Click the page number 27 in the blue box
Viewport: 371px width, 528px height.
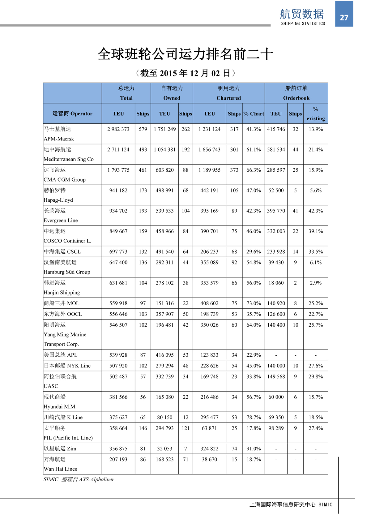coord(344,18)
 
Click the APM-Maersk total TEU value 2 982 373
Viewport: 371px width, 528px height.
coord(118,129)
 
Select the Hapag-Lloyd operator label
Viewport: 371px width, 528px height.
coord(58,200)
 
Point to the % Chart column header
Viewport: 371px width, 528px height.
coord(254,114)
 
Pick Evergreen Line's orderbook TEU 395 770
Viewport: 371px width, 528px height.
coord(276,211)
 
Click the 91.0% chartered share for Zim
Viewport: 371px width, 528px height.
coord(254,449)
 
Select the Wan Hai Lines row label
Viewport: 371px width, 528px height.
coord(60,469)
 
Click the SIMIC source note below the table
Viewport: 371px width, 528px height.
coord(79,479)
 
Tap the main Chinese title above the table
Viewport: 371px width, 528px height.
coord(185,54)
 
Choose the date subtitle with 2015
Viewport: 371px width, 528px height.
coord(185,73)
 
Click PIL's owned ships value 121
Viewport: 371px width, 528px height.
coord(185,428)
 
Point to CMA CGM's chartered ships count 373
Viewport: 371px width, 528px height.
coord(234,170)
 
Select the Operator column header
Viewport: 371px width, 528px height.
coord(72,114)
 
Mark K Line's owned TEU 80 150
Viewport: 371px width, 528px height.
coord(165,417)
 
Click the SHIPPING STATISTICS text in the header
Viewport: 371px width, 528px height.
coord(303,24)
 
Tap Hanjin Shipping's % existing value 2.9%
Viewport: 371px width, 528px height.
coord(316,283)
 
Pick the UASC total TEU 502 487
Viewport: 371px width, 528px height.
coord(118,376)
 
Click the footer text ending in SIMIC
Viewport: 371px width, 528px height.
coord(291,504)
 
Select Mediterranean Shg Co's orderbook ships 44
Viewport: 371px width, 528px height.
coord(296,150)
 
